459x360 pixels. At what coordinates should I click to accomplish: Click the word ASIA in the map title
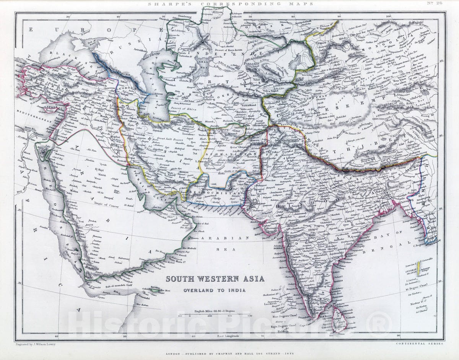pos(252,279)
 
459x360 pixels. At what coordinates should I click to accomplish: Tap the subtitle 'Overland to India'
pos(214,290)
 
